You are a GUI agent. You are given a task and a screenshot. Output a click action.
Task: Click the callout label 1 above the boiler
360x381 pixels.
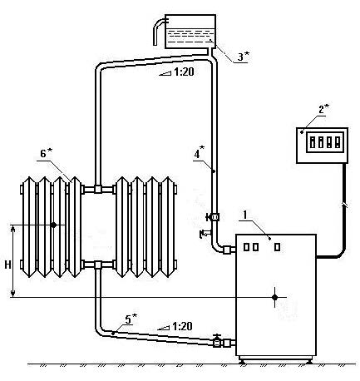[245, 215]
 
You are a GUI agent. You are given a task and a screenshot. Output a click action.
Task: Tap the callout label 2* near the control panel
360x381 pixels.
[323, 110]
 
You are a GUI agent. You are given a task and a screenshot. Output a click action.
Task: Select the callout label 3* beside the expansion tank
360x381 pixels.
[244, 57]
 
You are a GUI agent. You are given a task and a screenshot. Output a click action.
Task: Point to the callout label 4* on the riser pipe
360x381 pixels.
[200, 153]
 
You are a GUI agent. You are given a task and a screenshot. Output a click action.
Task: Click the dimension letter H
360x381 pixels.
[7, 265]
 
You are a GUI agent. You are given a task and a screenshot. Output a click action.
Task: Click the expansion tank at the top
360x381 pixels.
[190, 32]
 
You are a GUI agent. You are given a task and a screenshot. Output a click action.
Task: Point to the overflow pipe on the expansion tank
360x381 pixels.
[159, 30]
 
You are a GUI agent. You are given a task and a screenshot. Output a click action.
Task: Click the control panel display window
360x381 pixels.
[325, 141]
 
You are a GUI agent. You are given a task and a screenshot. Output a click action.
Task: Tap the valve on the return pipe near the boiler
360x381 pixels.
[217, 341]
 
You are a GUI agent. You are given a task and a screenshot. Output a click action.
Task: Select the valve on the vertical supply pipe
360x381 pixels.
[213, 217]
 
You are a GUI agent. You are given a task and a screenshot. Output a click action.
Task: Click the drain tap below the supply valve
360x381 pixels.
[205, 233]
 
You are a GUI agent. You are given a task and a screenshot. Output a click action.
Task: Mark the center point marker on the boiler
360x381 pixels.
[274, 297]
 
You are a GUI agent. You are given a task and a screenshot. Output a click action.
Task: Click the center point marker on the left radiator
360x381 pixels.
[54, 225]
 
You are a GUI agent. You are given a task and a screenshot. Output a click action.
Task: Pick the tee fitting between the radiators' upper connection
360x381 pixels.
[97, 190]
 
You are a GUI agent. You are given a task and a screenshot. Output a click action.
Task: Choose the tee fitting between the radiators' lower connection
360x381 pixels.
[97, 265]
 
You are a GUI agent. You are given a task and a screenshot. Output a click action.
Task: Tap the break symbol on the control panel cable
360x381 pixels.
[344, 205]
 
